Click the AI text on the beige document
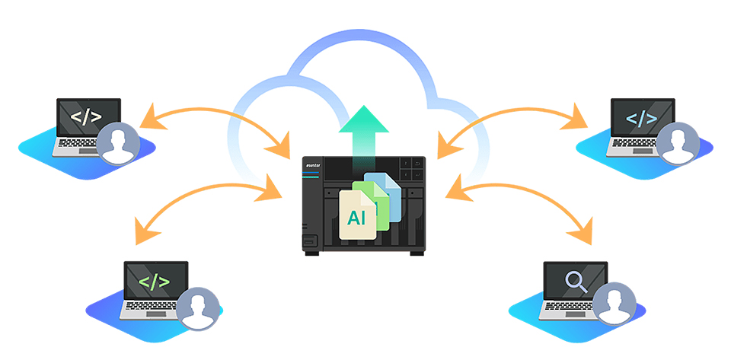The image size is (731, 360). [356, 218]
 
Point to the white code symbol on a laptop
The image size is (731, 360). [87, 118]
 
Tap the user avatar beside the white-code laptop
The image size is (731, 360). [118, 143]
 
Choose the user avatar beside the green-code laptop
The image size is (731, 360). [200, 307]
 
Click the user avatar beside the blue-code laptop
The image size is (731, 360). [678, 143]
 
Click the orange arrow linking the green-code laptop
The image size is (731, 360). [206, 196]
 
